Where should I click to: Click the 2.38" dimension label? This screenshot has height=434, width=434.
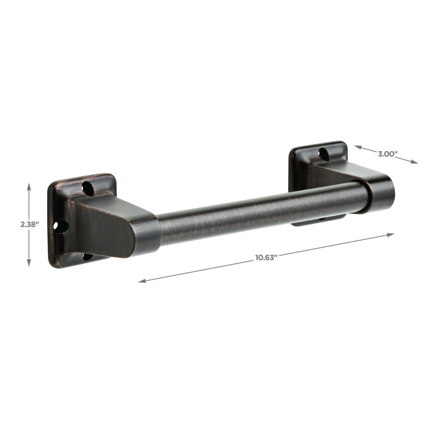pos(29,225)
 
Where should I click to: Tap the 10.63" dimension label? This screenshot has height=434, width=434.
pos(266,258)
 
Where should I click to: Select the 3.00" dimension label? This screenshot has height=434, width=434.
pos(388,154)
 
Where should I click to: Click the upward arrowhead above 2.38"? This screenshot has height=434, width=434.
pos(29,186)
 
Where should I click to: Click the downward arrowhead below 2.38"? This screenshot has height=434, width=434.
pos(29,263)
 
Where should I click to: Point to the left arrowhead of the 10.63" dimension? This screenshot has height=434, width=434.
pos(142,280)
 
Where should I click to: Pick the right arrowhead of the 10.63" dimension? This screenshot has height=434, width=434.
pos(391,235)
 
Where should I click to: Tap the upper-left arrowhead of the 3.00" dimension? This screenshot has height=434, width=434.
pos(358,147)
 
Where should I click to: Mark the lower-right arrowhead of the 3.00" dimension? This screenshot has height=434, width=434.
pos(414,162)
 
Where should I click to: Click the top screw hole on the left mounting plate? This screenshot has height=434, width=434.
pos(88,188)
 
